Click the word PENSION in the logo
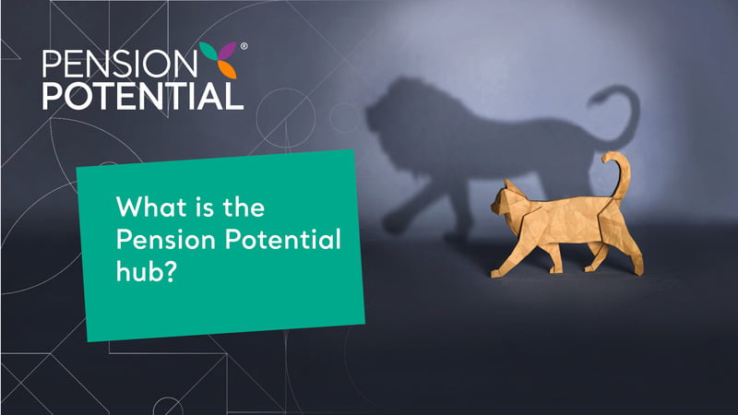pos(120,64)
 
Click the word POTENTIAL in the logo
pos(143,97)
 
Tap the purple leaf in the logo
pos(228,52)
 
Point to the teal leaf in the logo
pos(208,52)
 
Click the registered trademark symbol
pos(244,46)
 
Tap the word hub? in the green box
pos(146,270)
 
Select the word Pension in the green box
pos(166,240)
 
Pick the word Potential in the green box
pos(283,239)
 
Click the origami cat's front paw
pos(495,273)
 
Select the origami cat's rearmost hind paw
pos(637,271)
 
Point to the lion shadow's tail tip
pos(594,100)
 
